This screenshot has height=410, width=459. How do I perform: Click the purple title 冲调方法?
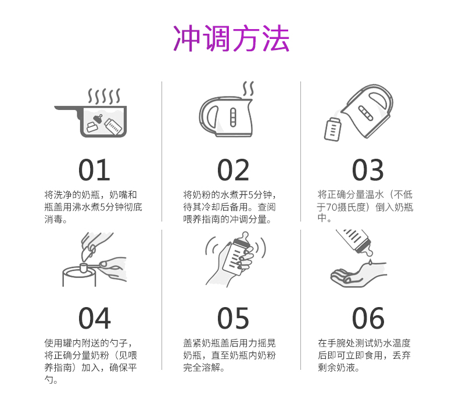[231, 38]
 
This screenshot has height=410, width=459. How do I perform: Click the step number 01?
[94, 170]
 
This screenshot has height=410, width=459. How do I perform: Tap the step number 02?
[233, 170]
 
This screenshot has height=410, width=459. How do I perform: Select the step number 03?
[368, 170]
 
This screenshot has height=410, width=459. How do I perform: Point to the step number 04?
[95, 318]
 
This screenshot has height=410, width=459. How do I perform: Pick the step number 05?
[233, 318]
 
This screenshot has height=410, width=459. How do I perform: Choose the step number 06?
[368, 318]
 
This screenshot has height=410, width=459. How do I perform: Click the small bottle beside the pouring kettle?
[332, 129]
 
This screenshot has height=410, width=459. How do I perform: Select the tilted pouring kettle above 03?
[367, 110]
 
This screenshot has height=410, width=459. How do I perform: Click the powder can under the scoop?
[79, 276]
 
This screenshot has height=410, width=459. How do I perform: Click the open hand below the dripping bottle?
[358, 274]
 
